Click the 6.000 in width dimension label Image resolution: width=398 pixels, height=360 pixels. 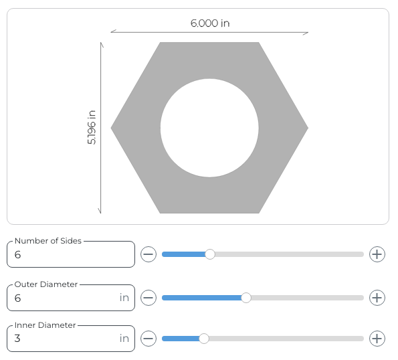210,23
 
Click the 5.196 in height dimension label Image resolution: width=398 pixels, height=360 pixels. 92,128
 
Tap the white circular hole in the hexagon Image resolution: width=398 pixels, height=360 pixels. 209,128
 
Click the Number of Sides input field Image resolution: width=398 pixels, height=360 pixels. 70,255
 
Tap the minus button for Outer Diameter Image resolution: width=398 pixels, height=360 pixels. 148,298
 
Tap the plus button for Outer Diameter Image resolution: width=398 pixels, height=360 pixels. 377,298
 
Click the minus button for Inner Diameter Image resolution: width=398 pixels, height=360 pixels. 148,339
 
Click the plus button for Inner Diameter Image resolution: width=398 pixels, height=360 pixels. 377,339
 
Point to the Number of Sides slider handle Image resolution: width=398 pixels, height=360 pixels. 210,254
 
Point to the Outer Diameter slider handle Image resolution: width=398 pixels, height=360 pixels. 246,298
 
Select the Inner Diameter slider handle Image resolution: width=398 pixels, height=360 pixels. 204,339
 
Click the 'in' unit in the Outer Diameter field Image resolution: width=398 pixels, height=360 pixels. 124,298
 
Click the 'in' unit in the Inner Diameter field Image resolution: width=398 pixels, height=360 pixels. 124,339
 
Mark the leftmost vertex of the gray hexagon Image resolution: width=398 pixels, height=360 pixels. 112,128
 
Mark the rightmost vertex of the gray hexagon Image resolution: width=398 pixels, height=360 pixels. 307,128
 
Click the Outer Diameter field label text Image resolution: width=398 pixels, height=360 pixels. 46,284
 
